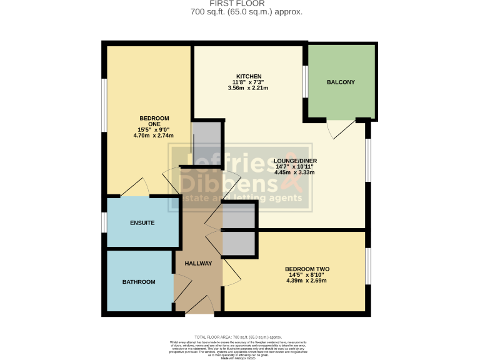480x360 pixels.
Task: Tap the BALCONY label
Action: (341, 82)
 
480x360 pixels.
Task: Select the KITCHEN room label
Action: (248, 76)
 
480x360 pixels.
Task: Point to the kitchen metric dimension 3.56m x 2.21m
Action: (248, 88)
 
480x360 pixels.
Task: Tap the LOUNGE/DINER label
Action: (295, 161)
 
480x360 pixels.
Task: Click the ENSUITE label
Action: (142, 223)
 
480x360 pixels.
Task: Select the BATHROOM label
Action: (138, 282)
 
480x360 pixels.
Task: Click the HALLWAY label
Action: (198, 263)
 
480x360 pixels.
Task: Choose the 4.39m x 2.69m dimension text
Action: (306, 281)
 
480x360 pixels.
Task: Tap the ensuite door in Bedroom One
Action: (135, 187)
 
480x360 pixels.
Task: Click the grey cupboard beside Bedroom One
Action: (207, 142)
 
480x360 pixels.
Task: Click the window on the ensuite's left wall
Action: (104, 222)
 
